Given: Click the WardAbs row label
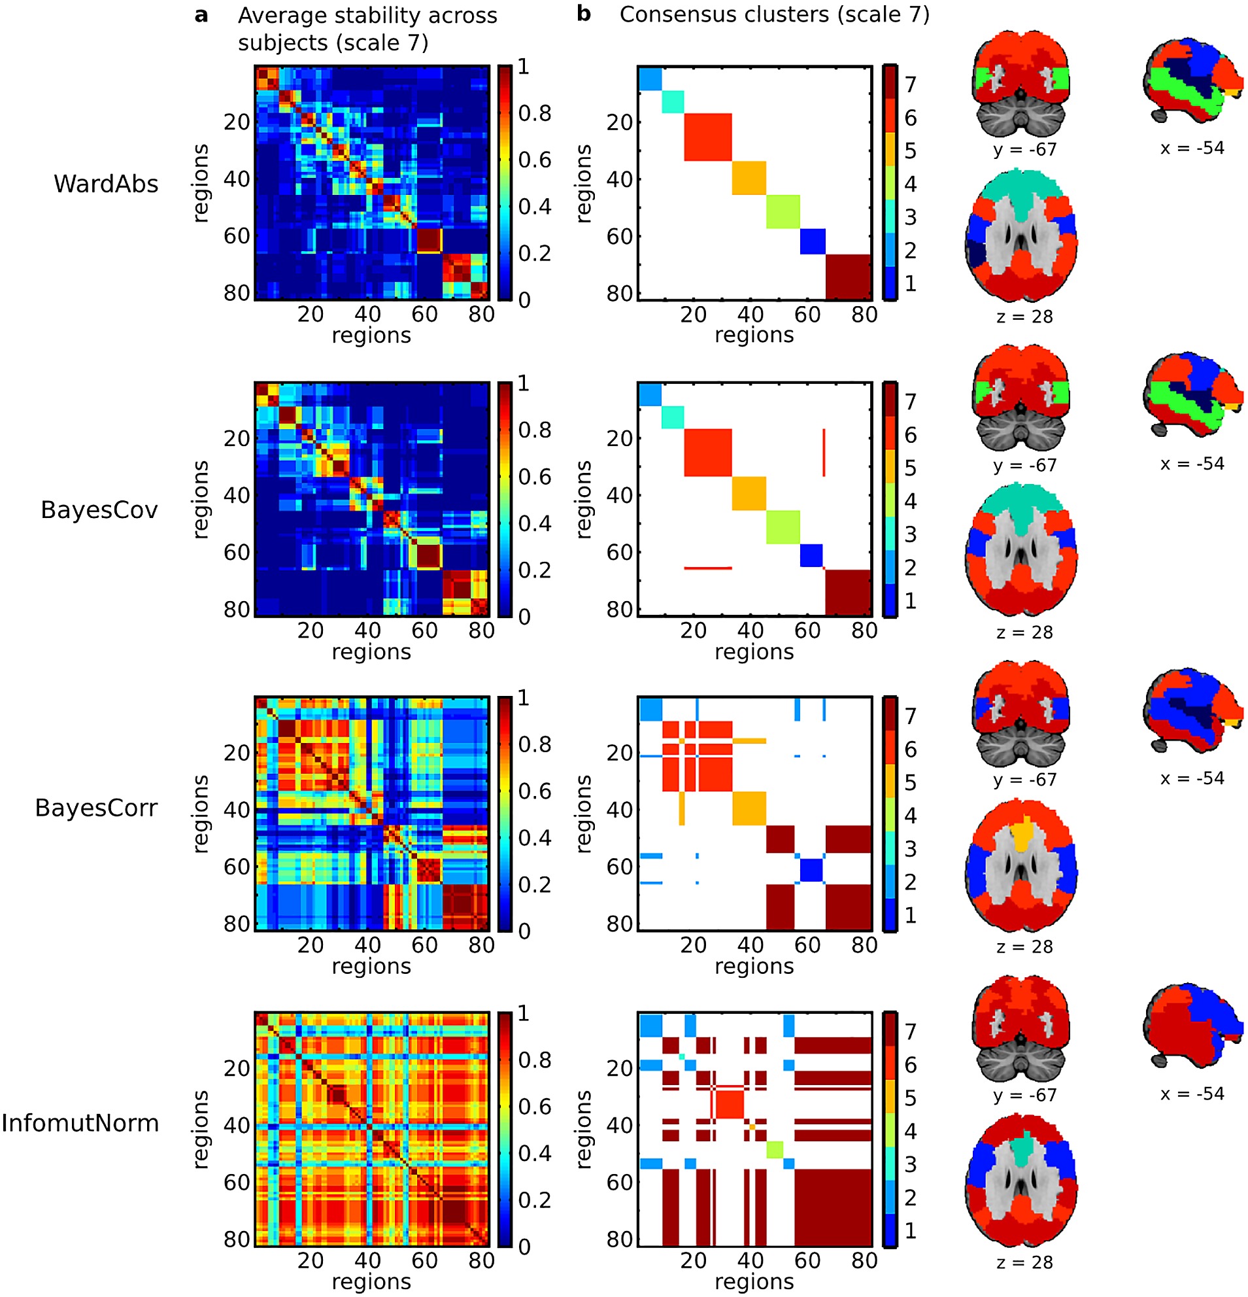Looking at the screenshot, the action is click(x=106, y=183).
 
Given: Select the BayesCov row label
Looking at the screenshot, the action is click(x=99, y=510).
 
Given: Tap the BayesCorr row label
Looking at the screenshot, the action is click(x=96, y=807).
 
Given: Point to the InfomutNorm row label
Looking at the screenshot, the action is click(x=80, y=1123).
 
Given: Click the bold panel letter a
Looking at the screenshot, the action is click(x=201, y=15).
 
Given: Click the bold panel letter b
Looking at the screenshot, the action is click(x=583, y=13).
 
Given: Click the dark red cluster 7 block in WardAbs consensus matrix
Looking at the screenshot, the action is click(x=849, y=277).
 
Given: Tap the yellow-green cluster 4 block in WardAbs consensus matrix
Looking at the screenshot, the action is click(x=783, y=212).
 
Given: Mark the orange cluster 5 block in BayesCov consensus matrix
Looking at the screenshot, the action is click(x=749, y=494).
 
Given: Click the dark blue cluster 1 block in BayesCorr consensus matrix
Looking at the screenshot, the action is click(x=811, y=869).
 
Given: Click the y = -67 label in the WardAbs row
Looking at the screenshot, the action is click(x=1024, y=150).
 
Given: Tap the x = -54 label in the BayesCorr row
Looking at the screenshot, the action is click(x=1192, y=778).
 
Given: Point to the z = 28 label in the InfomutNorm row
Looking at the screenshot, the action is click(x=1024, y=1262).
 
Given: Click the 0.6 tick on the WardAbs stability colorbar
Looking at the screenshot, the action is click(x=534, y=160).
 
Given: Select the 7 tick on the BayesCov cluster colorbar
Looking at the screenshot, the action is click(x=911, y=402).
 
